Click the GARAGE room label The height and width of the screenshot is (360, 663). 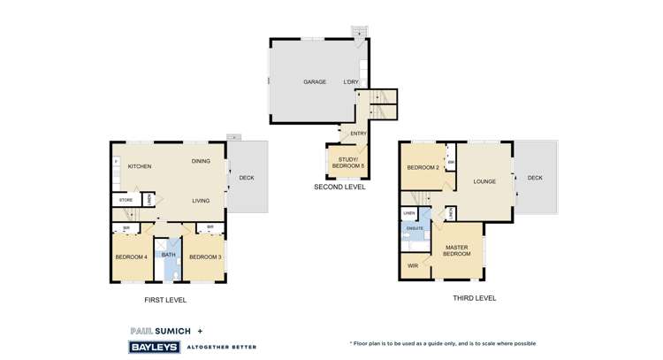click(315, 82)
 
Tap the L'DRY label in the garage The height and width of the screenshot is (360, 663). click(351, 82)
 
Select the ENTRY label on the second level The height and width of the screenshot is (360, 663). click(358, 134)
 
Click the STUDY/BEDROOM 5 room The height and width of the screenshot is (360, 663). click(347, 162)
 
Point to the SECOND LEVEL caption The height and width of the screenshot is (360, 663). click(339, 188)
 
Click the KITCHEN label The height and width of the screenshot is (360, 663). click(140, 166)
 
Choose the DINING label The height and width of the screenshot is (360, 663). click(201, 161)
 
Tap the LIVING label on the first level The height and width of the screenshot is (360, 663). click(201, 201)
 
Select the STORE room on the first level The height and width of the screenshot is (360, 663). click(126, 201)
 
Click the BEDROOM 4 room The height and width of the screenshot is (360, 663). click(131, 257)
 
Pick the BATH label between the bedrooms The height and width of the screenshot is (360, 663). click(168, 255)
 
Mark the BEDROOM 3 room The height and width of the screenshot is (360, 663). click(205, 257)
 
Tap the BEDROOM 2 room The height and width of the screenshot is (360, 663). click(423, 167)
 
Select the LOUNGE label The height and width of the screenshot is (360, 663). click(484, 181)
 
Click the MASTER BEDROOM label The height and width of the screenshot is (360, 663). click(456, 251)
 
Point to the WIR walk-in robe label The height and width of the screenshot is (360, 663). click(413, 265)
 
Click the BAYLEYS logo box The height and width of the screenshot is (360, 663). click(155, 348)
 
